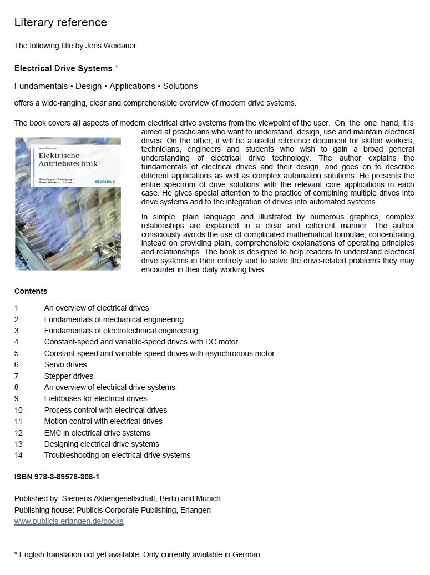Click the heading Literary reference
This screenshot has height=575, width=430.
click(x=60, y=23)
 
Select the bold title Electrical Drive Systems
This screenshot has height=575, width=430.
click(x=63, y=68)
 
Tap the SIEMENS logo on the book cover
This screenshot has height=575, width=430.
click(x=105, y=181)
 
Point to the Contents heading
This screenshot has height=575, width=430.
click(x=31, y=291)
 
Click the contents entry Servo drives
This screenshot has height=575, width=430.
click(x=65, y=364)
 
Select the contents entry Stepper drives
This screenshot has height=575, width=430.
click(x=69, y=376)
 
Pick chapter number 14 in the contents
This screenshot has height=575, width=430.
click(x=19, y=455)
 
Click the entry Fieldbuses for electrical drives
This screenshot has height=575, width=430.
click(x=95, y=398)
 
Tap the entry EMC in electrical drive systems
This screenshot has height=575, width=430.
click(x=97, y=433)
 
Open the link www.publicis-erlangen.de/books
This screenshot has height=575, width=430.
click(x=69, y=521)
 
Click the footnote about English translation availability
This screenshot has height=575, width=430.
click(x=137, y=554)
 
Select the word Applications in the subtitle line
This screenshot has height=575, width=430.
click(x=132, y=86)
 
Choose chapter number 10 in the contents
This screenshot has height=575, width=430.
click(x=19, y=410)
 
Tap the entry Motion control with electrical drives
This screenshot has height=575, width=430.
click(x=103, y=421)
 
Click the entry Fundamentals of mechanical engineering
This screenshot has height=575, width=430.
click(x=114, y=319)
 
